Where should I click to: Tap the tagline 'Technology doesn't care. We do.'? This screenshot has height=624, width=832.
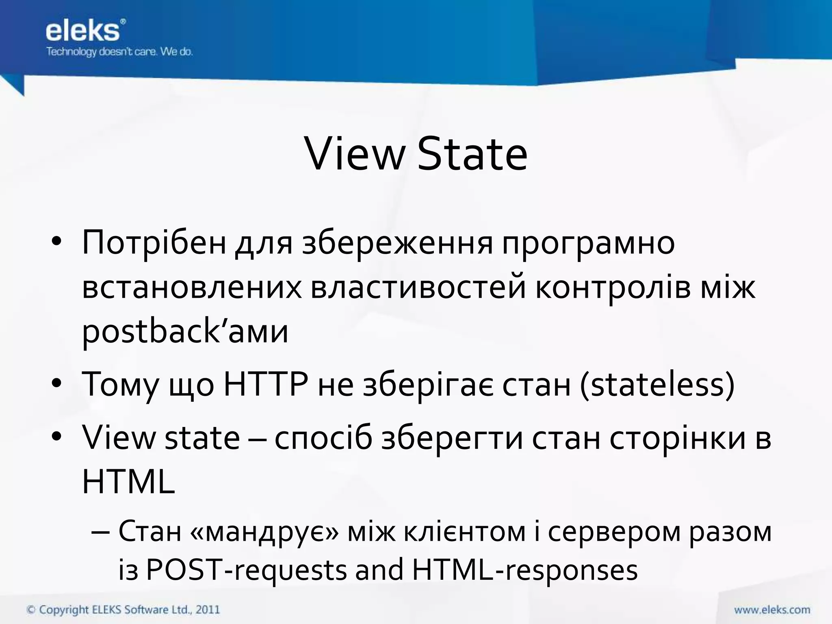click(x=119, y=52)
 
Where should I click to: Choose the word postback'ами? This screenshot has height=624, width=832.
click(x=185, y=331)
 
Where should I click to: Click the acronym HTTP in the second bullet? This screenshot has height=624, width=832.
click(x=266, y=384)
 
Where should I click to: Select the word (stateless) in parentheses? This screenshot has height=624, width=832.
click(x=657, y=384)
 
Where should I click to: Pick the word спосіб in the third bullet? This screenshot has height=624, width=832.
click(x=323, y=438)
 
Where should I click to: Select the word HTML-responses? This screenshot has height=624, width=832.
click(x=524, y=570)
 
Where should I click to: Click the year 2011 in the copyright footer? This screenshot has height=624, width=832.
click(x=208, y=609)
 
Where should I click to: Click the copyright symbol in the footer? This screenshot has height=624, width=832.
click(x=31, y=610)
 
